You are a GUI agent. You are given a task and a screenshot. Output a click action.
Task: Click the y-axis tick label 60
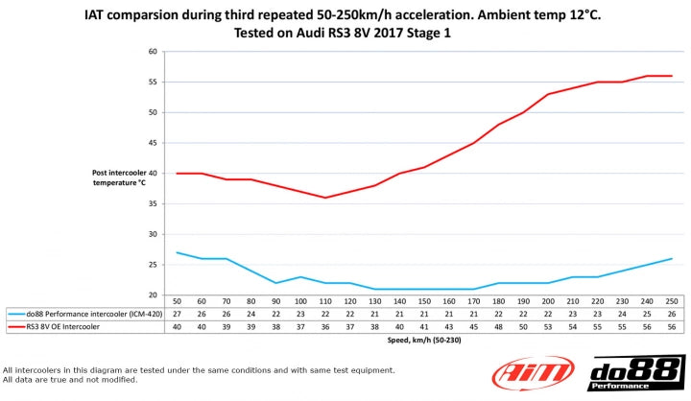pos(153,52)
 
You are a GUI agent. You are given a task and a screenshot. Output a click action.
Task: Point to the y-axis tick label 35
pos(153,203)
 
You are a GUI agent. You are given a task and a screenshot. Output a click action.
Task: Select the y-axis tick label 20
pos(153,295)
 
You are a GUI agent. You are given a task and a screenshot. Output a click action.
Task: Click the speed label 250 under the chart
pos(670,301)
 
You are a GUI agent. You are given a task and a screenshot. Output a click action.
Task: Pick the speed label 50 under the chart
pos(177,301)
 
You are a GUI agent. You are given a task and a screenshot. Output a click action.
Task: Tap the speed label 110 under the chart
pos(325,301)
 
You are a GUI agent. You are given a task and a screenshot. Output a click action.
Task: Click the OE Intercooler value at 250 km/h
pos(670,326)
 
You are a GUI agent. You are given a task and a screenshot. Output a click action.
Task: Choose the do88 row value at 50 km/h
pos(177,314)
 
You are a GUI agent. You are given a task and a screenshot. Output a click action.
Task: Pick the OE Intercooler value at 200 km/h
pos(547,326)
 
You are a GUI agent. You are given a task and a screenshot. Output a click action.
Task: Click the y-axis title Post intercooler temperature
pos(119,177)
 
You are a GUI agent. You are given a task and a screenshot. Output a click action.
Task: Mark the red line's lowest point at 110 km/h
pos(325,198)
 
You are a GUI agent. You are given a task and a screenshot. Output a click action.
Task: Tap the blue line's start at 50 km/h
pos(177,252)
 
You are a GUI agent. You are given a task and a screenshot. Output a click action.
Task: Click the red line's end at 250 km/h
pos(670,76)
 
